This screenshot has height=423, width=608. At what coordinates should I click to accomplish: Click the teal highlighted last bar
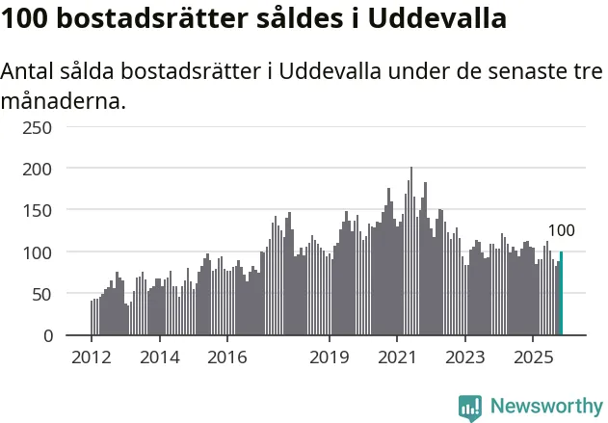click(x=561, y=293)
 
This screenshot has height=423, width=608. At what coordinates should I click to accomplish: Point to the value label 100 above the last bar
click(x=561, y=230)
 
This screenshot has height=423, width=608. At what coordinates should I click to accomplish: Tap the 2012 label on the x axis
click(x=92, y=357)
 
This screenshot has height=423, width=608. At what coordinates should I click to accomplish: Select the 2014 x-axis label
click(x=160, y=357)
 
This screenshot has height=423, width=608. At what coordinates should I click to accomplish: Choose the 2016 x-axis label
click(x=227, y=357)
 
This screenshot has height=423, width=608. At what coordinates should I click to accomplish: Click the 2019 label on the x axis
click(x=330, y=357)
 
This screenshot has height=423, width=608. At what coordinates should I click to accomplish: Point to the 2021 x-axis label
click(x=397, y=357)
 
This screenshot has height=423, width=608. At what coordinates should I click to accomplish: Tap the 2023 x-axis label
click(x=465, y=357)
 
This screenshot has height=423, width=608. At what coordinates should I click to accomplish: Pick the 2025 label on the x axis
click(x=534, y=357)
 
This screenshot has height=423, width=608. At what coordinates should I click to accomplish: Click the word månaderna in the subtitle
click(x=64, y=100)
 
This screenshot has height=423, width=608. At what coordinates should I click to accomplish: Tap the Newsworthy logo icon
click(x=470, y=407)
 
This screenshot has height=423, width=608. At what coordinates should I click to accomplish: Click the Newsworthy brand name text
click(x=545, y=407)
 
